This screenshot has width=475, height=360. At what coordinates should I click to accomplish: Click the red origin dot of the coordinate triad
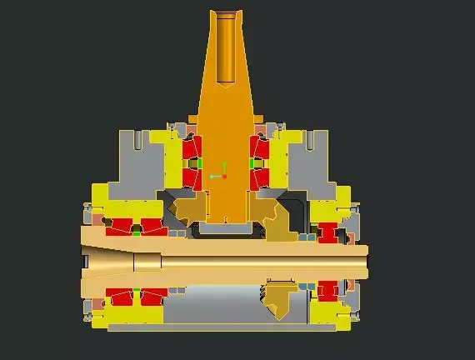coord(224,177)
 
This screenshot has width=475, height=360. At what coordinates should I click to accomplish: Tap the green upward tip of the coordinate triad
coord(224,163)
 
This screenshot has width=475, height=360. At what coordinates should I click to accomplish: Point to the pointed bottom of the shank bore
coord(225,82)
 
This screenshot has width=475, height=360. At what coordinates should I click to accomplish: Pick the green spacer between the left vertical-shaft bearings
coord(197,162)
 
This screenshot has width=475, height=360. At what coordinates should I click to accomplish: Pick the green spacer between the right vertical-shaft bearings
coord(252,162)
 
